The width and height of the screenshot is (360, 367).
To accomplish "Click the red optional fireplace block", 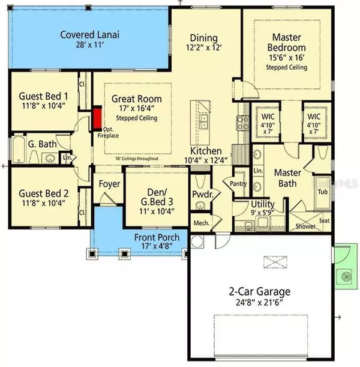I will pos(97,119).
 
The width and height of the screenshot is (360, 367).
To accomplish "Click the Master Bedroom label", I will pos(287,42).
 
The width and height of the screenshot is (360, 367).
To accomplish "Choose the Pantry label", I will pos(232,184).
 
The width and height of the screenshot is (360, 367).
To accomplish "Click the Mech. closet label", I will pos(200,223).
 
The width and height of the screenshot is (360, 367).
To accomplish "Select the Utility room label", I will pos(247,205).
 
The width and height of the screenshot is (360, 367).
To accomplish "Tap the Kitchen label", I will pos(206,151).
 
